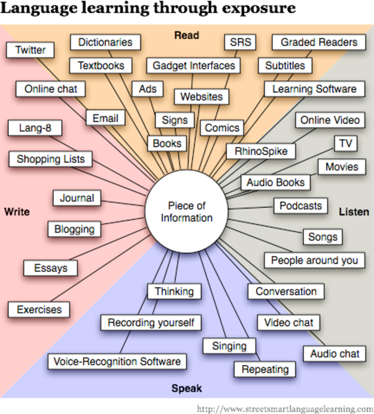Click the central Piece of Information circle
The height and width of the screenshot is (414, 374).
coord(187,211)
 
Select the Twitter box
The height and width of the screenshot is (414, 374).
coord(30,50)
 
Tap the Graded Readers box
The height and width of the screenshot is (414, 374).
coord(319,42)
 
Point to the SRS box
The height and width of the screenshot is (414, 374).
coord(240,42)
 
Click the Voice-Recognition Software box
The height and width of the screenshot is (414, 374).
coord(117,362)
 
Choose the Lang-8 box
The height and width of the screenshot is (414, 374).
coord(35,128)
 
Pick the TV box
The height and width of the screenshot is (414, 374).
coord(346,144)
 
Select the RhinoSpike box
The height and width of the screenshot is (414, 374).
coord(261,151)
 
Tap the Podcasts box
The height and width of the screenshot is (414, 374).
coord(301,206)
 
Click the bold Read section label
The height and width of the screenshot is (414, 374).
coord(187,35)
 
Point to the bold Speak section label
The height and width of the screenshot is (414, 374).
coord(187,389)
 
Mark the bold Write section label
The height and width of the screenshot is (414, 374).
coord(17,212)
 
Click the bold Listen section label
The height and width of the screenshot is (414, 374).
coord(354,212)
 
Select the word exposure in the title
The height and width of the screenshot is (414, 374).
coord(259,8)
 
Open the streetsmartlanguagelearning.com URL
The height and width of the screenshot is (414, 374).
coord(285,409)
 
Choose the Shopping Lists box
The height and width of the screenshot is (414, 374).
coord(51,159)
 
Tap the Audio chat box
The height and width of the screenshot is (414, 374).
coord(335,354)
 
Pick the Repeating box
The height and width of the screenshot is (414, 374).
coord(265,369)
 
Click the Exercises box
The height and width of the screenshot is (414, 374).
coord(39,309)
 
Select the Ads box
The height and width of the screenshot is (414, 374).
coord(148,89)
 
